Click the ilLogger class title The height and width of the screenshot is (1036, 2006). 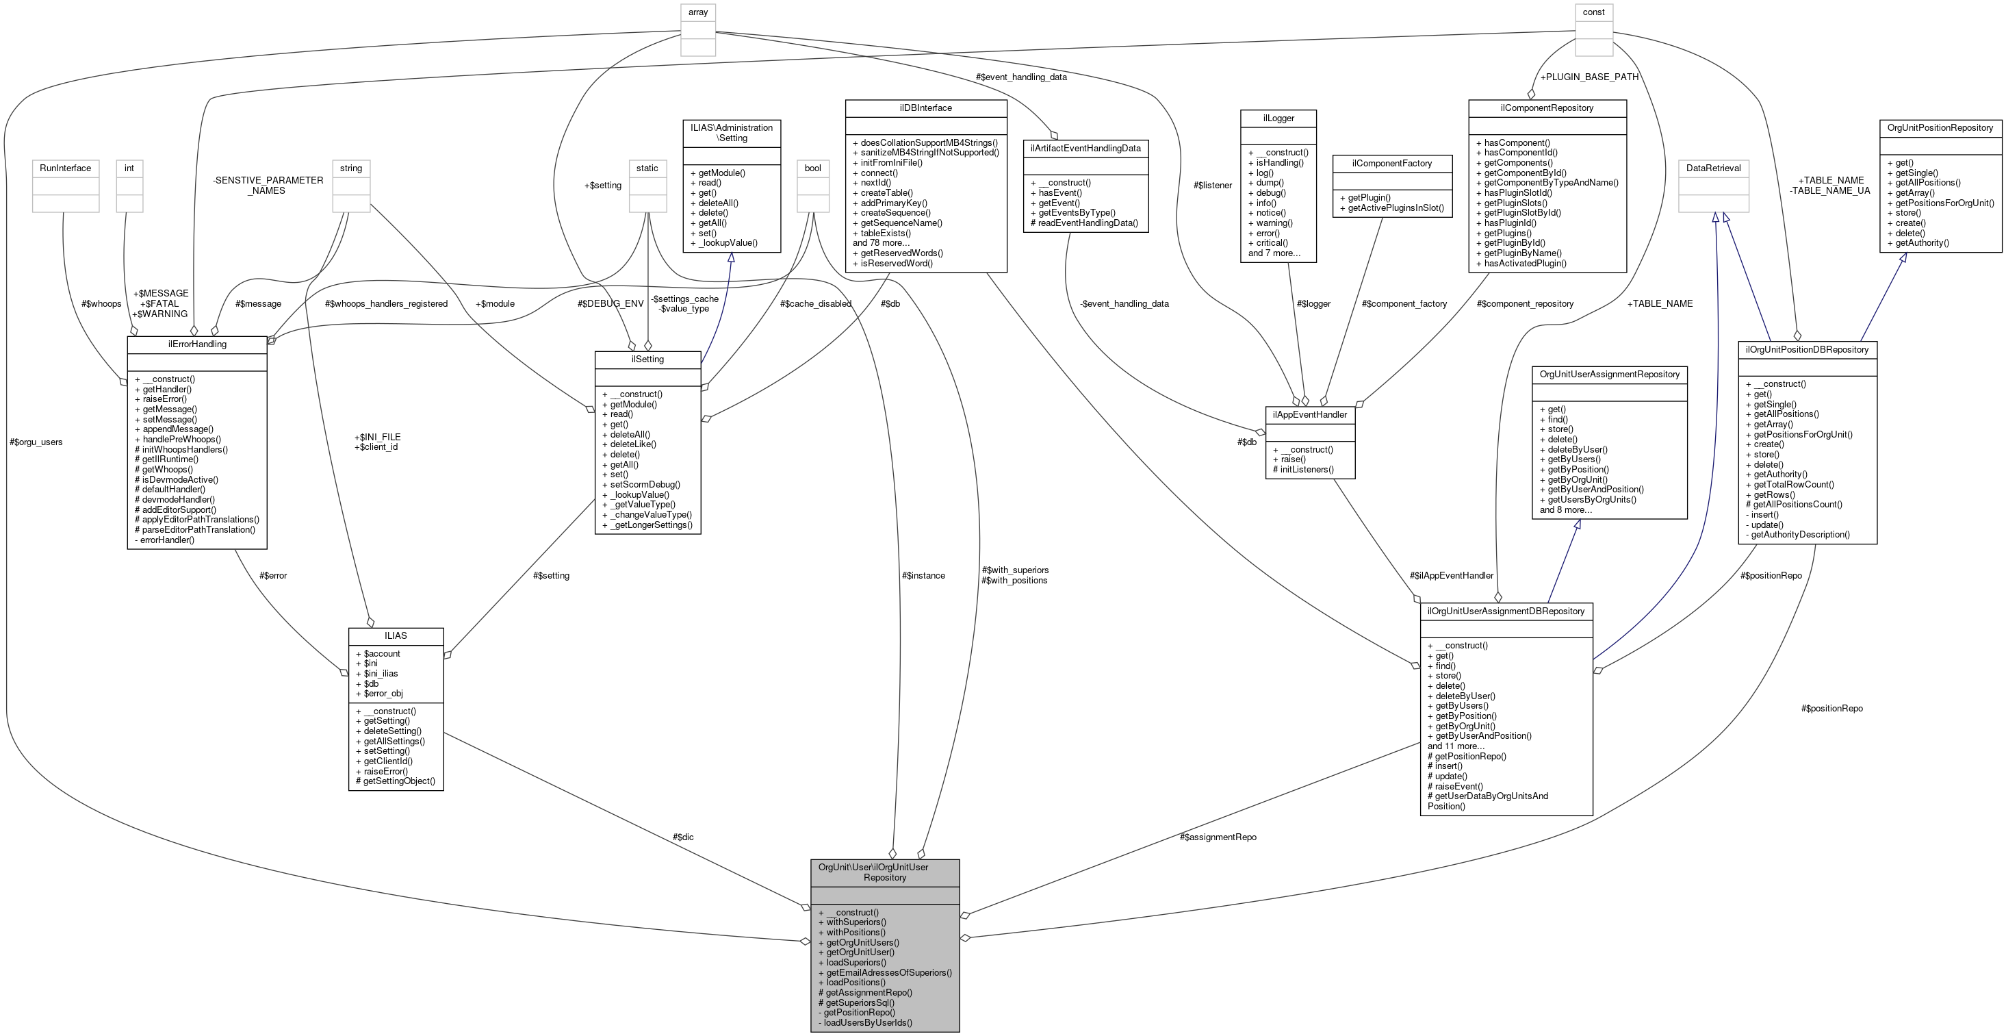pyautogui.click(x=1278, y=118)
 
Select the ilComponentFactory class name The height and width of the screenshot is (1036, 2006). pyautogui.click(x=1392, y=164)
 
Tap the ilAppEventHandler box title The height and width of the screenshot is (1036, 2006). pyautogui.click(x=1310, y=414)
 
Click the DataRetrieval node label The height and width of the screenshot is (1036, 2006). pyautogui.click(x=1713, y=168)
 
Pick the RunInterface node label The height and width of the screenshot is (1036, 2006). pyautogui.click(x=66, y=168)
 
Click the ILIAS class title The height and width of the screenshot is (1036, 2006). pyautogui.click(x=396, y=635)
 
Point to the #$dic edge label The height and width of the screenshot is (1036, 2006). pyautogui.click(x=683, y=837)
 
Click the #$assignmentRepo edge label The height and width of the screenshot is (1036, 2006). pyautogui.click(x=1218, y=837)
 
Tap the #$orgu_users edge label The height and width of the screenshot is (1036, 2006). pyautogui.click(x=36, y=442)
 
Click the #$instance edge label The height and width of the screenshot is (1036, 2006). pyautogui.click(x=923, y=576)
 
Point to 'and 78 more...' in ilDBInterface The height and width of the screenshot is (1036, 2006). pyautogui.click(x=881, y=243)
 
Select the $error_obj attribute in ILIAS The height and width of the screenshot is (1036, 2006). pyautogui.click(x=383, y=693)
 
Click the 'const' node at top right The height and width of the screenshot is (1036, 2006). pyautogui.click(x=1593, y=12)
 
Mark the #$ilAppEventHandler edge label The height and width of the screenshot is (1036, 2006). pyautogui.click(x=1452, y=576)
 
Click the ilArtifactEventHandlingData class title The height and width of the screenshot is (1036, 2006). pyautogui.click(x=1085, y=148)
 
